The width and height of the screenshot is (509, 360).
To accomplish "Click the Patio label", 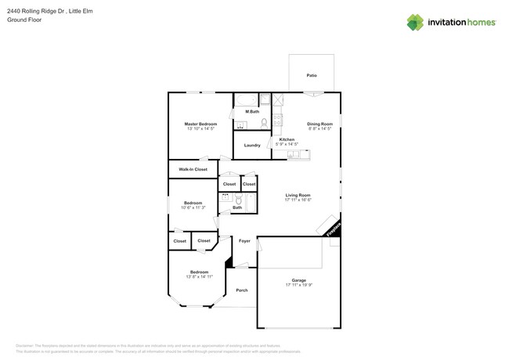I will [x=312, y=75].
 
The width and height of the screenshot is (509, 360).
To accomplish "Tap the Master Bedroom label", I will [x=200, y=124].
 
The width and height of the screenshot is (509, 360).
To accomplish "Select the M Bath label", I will [x=252, y=112].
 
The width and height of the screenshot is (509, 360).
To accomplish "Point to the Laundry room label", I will [x=252, y=145].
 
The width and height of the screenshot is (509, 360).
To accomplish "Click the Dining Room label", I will [x=319, y=124].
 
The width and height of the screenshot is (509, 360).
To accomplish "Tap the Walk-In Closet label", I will [x=193, y=169].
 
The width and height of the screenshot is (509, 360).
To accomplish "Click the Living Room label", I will [x=298, y=195].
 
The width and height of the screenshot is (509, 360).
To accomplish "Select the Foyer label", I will [x=244, y=241].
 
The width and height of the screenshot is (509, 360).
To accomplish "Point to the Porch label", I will [x=242, y=290].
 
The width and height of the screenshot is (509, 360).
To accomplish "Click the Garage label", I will [x=298, y=279].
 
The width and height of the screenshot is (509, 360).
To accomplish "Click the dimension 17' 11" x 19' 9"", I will [x=298, y=285].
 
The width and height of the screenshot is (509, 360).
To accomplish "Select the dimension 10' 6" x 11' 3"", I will [x=193, y=207].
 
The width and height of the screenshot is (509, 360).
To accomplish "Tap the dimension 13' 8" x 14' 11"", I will [x=199, y=277].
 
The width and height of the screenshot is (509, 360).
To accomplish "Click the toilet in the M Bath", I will [x=265, y=123].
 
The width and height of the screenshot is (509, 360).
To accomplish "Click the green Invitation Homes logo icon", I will [x=415, y=23].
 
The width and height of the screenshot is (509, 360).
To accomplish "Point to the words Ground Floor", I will [x=24, y=20].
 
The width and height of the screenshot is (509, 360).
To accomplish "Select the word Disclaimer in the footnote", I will [x=27, y=345].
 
